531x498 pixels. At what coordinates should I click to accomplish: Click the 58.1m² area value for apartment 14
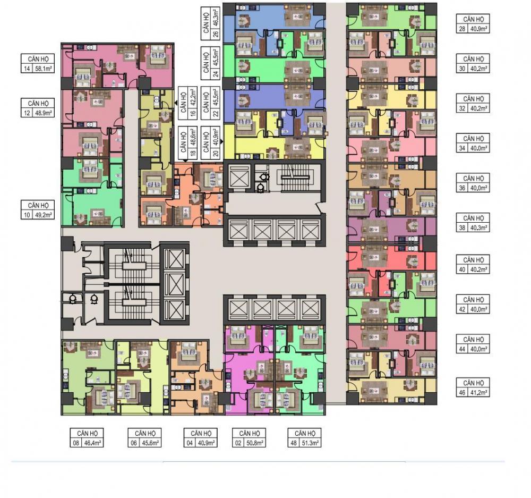pos(44,69)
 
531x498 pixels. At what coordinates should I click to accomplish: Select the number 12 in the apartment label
pos(27,113)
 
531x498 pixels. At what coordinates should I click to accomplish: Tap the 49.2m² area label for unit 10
pos(44,215)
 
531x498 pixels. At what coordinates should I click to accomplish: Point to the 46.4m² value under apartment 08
pos(93,443)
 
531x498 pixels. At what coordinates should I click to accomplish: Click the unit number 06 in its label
pos(134,443)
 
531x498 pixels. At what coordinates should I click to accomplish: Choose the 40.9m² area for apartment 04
pos(207,443)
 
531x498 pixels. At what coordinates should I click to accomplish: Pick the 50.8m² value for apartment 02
pos(255,443)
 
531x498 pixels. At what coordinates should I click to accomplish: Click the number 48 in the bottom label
pos(294,443)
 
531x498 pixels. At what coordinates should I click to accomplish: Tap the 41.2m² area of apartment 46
pos(479,393)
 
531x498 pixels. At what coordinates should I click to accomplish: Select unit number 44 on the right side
pos(463,349)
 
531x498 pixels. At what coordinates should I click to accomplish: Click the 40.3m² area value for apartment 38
pos(479,228)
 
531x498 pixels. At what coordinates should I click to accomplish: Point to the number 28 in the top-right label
pos(463,29)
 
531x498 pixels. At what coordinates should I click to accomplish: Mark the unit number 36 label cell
pos(463,188)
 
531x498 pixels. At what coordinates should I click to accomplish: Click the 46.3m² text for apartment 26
pos(216,18)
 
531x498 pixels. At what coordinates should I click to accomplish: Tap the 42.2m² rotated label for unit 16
pos(193,97)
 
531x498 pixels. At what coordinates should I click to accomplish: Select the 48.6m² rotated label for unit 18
pos(193,137)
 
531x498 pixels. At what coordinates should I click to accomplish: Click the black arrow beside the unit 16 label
pos(176,103)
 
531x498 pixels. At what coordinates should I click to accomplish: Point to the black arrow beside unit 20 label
pos(222,142)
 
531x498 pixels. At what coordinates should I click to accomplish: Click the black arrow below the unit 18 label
pos(185,161)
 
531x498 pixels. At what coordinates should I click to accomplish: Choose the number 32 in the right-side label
pos(463,108)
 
